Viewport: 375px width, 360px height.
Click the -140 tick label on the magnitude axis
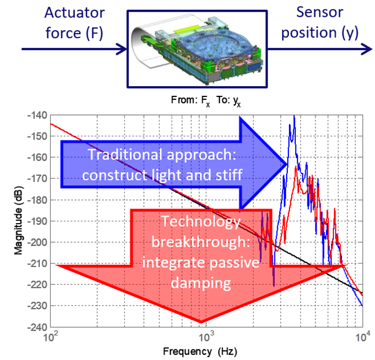[x=38, y=116]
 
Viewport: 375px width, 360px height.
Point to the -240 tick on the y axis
[x=38, y=327]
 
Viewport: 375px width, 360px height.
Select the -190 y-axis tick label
[x=38, y=221]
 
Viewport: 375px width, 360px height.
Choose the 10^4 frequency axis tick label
[x=362, y=337]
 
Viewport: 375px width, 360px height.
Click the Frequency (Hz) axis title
[x=200, y=352]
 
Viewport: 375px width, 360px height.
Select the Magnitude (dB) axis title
[x=18, y=220]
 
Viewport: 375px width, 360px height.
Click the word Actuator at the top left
[x=75, y=13]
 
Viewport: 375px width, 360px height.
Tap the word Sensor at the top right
[x=320, y=12]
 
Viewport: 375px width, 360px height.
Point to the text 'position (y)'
[x=320, y=33]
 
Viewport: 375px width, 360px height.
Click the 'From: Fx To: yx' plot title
[x=206, y=101]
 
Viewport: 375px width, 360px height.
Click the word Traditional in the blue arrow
[x=125, y=154]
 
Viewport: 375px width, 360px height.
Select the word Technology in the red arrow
[x=201, y=221]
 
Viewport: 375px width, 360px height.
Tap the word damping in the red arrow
[x=201, y=283]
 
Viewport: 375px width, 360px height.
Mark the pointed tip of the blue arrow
[x=287, y=164]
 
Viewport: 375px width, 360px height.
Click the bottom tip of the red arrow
[x=201, y=322]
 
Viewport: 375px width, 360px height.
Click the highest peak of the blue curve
[x=294, y=116]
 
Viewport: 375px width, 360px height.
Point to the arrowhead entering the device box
[x=122, y=49]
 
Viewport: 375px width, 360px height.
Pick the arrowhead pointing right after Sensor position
[x=367, y=49]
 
